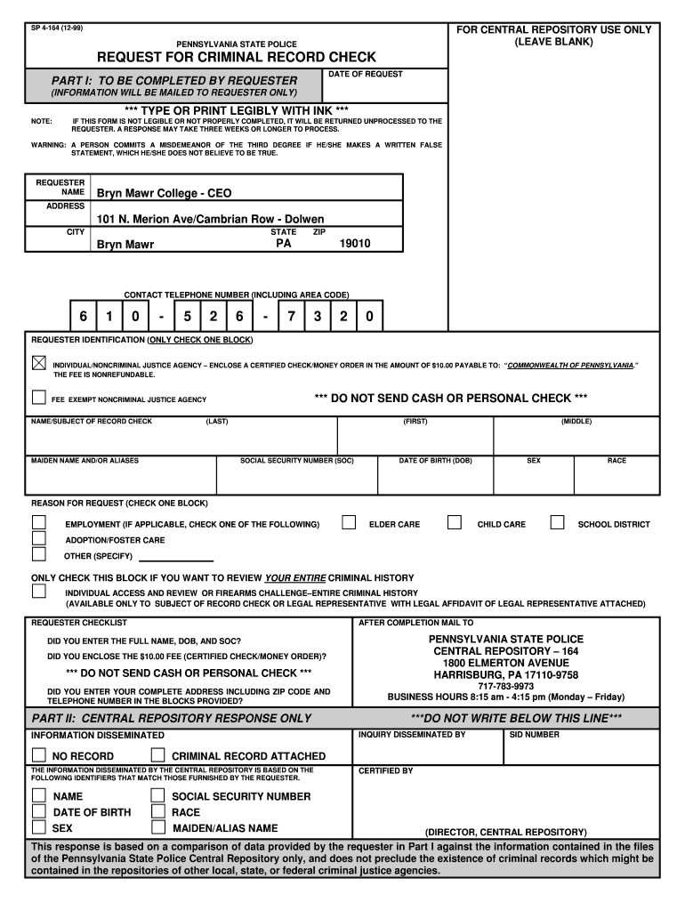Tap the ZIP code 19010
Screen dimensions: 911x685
355,243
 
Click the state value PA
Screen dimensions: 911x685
284,243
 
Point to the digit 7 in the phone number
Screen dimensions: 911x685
291,317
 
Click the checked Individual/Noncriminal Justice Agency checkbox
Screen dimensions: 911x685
39,363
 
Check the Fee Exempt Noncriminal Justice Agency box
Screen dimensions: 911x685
39,398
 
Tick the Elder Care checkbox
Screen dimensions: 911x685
350,523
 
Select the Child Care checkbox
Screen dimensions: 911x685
455,523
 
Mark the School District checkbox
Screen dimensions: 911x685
558,523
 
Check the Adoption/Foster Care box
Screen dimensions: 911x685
39,538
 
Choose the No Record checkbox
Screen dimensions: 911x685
39,755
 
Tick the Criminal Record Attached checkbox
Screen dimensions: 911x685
157,755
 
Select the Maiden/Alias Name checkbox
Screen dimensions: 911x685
157,827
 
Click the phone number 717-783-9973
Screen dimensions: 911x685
505,686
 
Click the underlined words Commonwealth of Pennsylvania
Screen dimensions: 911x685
570,366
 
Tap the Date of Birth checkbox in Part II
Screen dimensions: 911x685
39,811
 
